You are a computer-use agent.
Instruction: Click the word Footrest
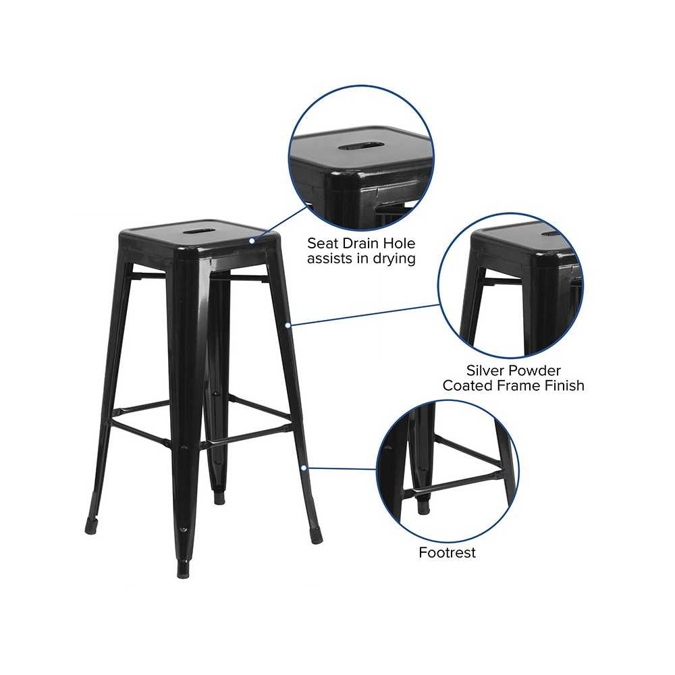(448, 552)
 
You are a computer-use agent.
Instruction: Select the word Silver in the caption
(487, 371)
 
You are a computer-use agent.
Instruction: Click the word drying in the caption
(394, 259)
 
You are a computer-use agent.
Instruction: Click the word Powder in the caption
(535, 371)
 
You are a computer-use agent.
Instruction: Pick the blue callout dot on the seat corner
(252, 241)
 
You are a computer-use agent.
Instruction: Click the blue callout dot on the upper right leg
(288, 325)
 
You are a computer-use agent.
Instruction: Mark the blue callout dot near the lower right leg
(304, 468)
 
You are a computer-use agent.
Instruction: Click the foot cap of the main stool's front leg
(184, 570)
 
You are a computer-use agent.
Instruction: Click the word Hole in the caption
(400, 243)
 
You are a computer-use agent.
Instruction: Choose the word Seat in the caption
(323, 243)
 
